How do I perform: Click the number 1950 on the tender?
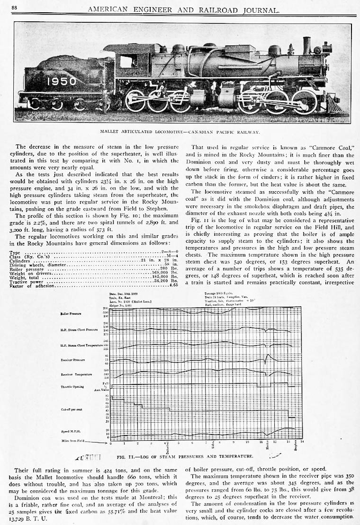[61, 81]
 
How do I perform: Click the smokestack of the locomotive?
[306, 45]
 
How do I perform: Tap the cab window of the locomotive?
[128, 61]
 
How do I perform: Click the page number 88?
[14, 8]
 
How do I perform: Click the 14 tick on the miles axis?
[302, 442]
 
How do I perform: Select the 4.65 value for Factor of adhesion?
[173, 285]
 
